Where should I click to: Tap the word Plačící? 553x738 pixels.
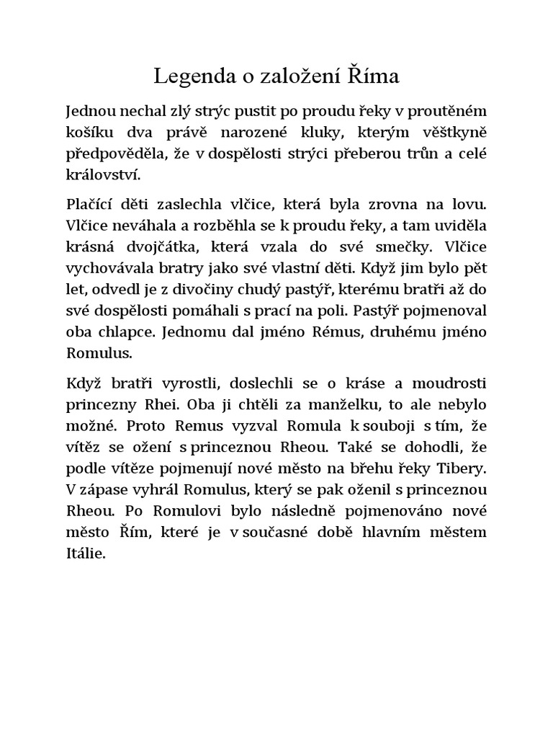[91, 203]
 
